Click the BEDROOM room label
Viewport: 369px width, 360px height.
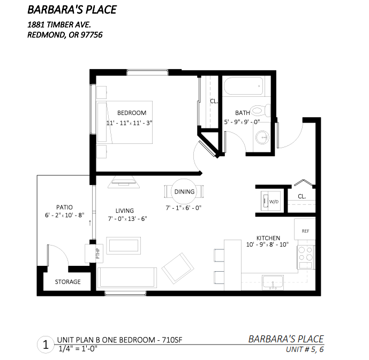[132, 113]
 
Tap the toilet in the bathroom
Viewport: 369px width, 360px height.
[260, 110]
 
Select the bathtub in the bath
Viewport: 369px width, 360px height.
[243, 86]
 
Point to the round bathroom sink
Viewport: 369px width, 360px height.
[262, 137]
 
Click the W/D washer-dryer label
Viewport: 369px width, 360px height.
[274, 202]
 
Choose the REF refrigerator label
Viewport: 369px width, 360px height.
[305, 231]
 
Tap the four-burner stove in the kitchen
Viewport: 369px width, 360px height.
[306, 257]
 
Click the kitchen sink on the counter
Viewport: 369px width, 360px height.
[273, 282]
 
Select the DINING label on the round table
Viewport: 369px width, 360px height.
[184, 192]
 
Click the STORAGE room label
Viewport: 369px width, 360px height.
[68, 282]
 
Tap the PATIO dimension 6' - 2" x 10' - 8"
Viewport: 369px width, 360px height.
[64, 215]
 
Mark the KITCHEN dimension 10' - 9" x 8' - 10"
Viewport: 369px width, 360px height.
[267, 244]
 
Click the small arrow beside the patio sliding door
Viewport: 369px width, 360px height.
[90, 223]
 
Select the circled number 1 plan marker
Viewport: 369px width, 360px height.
[46, 344]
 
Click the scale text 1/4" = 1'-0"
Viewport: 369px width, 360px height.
[78, 349]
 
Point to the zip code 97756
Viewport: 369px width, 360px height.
[92, 35]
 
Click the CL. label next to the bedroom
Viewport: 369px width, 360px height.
[214, 101]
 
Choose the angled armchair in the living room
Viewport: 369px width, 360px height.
[178, 268]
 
